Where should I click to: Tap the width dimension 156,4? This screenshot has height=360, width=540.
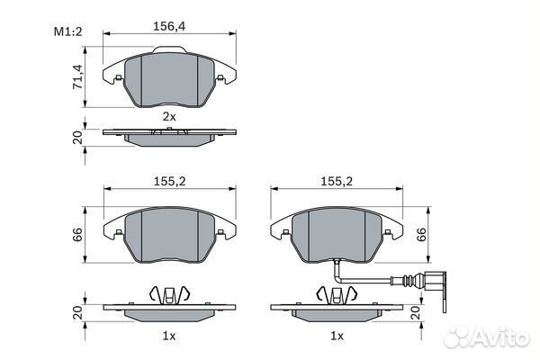click(x=170, y=27)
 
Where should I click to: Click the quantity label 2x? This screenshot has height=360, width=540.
click(x=169, y=117)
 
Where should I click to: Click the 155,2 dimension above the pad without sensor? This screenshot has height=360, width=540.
click(x=169, y=180)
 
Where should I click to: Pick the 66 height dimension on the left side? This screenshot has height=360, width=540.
click(x=77, y=236)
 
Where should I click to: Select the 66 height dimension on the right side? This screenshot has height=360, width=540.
click(x=420, y=236)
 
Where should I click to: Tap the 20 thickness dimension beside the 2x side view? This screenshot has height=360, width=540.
click(x=77, y=138)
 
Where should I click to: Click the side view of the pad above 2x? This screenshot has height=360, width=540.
click(x=170, y=135)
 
